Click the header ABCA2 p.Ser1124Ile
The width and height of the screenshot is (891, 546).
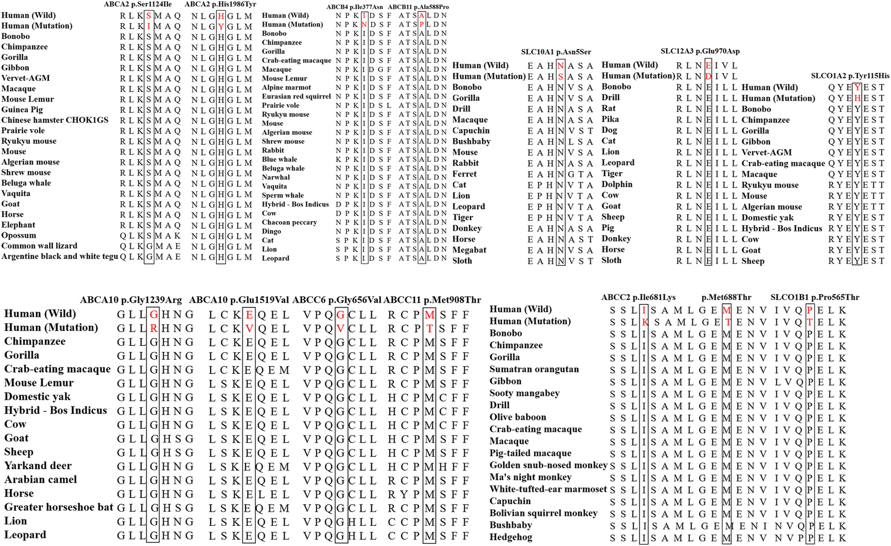pos(137,5)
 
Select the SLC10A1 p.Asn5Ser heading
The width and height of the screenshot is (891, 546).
pos(556,52)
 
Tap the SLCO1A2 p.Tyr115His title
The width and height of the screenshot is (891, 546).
pos(850,76)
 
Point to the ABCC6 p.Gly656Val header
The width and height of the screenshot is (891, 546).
pos(336,300)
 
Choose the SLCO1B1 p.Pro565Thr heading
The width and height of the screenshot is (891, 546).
pos(815,297)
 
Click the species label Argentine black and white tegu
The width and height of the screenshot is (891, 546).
pos(59,256)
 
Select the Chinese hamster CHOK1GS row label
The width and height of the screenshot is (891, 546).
pos(55,120)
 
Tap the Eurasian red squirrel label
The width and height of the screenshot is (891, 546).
pos(296,97)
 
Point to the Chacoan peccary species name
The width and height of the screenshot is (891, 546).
pos(289,222)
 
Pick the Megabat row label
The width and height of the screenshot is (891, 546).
pos(469,250)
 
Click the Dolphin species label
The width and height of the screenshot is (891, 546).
pos(617,185)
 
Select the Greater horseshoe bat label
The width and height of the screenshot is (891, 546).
pos(59,507)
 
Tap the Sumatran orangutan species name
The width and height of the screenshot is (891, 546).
pos(534,369)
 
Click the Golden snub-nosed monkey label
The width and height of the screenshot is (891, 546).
pos(548,465)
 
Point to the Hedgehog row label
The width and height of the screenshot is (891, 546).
pos(510,537)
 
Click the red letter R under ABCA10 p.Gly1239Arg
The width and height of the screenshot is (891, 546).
pos(153,328)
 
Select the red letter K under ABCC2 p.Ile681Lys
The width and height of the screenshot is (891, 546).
pos(645,322)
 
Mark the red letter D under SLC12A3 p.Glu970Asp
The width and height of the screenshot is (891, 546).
pos(708,76)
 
